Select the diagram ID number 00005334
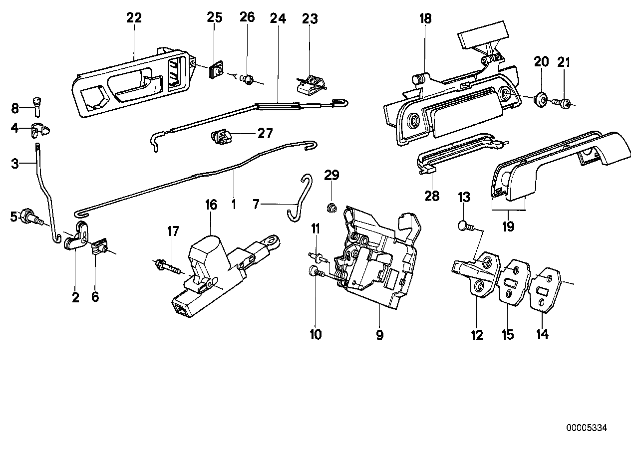[587, 428]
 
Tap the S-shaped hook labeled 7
[302, 198]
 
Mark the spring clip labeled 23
[310, 84]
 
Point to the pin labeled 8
[36, 104]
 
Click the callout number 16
[211, 205]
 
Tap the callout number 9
[379, 335]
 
